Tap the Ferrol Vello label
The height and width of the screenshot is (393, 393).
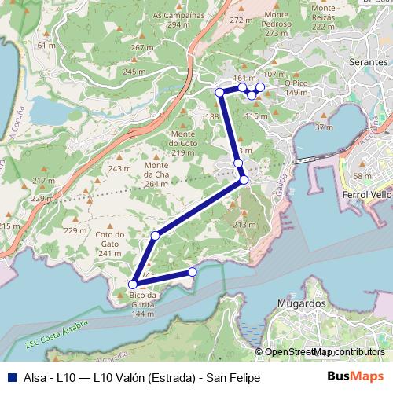click(367, 193)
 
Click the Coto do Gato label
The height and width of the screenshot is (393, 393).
click(110, 239)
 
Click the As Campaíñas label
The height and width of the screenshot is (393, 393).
click(178, 20)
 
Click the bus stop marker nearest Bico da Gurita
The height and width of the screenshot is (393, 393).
click(134, 285)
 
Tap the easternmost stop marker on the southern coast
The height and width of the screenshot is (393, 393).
click(192, 272)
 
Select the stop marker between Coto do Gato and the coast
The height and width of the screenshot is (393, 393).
click(156, 236)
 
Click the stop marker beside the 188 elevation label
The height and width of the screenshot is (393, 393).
click(220, 93)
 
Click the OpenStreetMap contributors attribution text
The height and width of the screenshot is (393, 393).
click(324, 351)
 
